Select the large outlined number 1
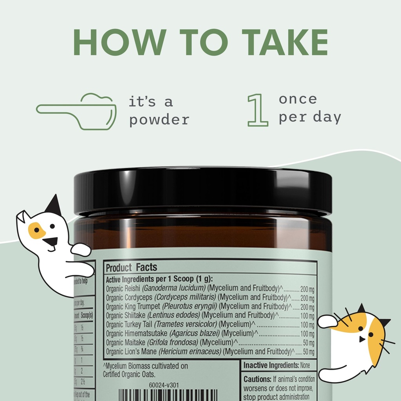[x=258, y=110]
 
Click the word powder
[x=159, y=119]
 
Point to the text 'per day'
[x=309, y=117]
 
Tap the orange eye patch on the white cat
[x=36, y=230]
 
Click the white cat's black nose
[x=50, y=243]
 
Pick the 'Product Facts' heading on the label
[x=131, y=268]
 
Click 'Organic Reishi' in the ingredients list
[x=123, y=289]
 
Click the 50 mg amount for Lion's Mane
[x=308, y=351]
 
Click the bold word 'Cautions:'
[x=257, y=379]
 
